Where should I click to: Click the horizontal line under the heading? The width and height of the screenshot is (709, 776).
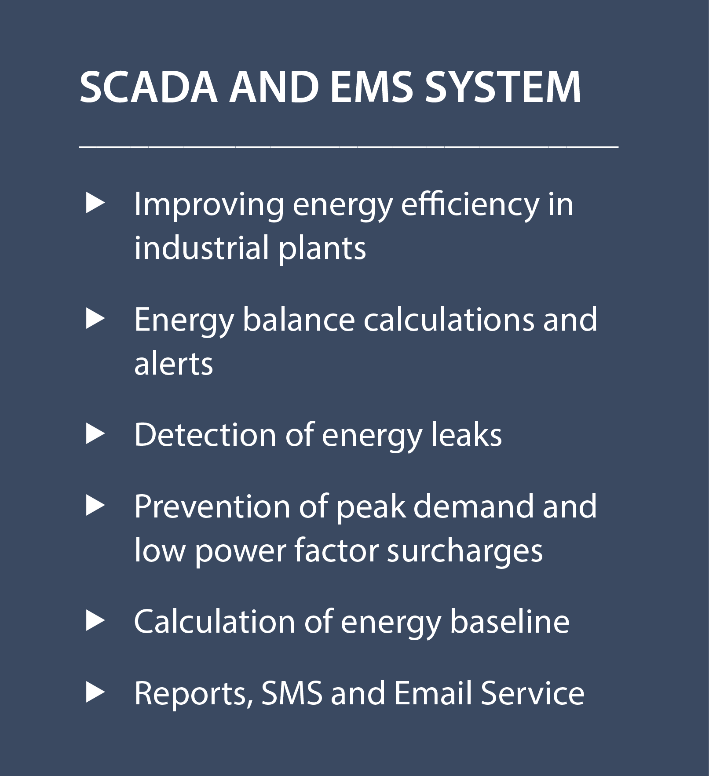coord(349,147)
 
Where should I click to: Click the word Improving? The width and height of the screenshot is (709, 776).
coord(209,206)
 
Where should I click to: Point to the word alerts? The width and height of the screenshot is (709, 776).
coord(174,364)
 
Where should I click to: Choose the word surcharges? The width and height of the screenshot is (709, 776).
coord(465,551)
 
